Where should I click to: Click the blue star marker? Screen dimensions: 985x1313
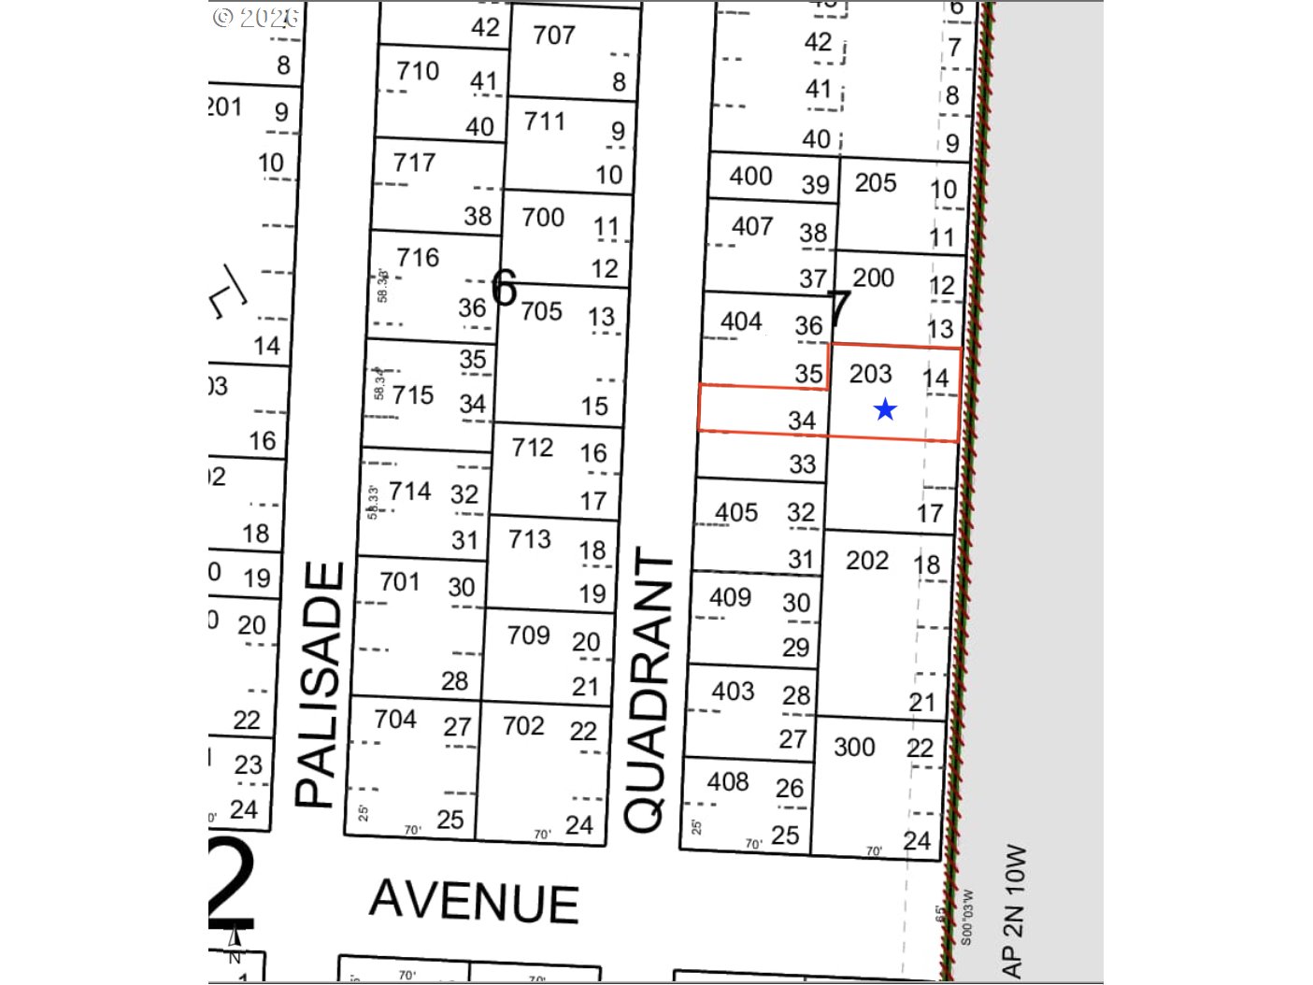coord(885,409)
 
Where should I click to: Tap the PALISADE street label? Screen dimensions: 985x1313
coord(319,684)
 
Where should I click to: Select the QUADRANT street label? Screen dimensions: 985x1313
coord(648,692)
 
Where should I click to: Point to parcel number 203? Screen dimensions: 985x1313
coord(870,374)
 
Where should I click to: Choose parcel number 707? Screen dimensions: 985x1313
coord(554,36)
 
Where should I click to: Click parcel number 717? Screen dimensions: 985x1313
coord(414,163)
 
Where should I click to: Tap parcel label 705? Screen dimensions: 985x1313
coord(542,310)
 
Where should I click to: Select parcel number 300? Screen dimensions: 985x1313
coord(854,747)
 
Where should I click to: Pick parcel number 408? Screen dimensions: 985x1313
coord(728,781)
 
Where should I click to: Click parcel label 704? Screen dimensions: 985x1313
coord(395,719)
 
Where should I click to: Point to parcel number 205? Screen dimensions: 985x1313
coord(876,183)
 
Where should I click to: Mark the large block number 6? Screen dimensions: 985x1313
coord(504,288)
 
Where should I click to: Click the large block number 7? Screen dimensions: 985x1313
coord(839,307)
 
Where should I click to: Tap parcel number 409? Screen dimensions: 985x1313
coord(730,597)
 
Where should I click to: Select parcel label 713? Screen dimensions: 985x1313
coord(530,539)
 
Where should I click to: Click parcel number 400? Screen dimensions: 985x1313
coord(750,176)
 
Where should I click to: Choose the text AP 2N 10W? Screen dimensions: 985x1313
coord(1014,911)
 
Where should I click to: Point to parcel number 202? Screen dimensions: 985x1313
coord(867,560)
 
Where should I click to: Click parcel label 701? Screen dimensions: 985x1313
coord(400,582)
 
